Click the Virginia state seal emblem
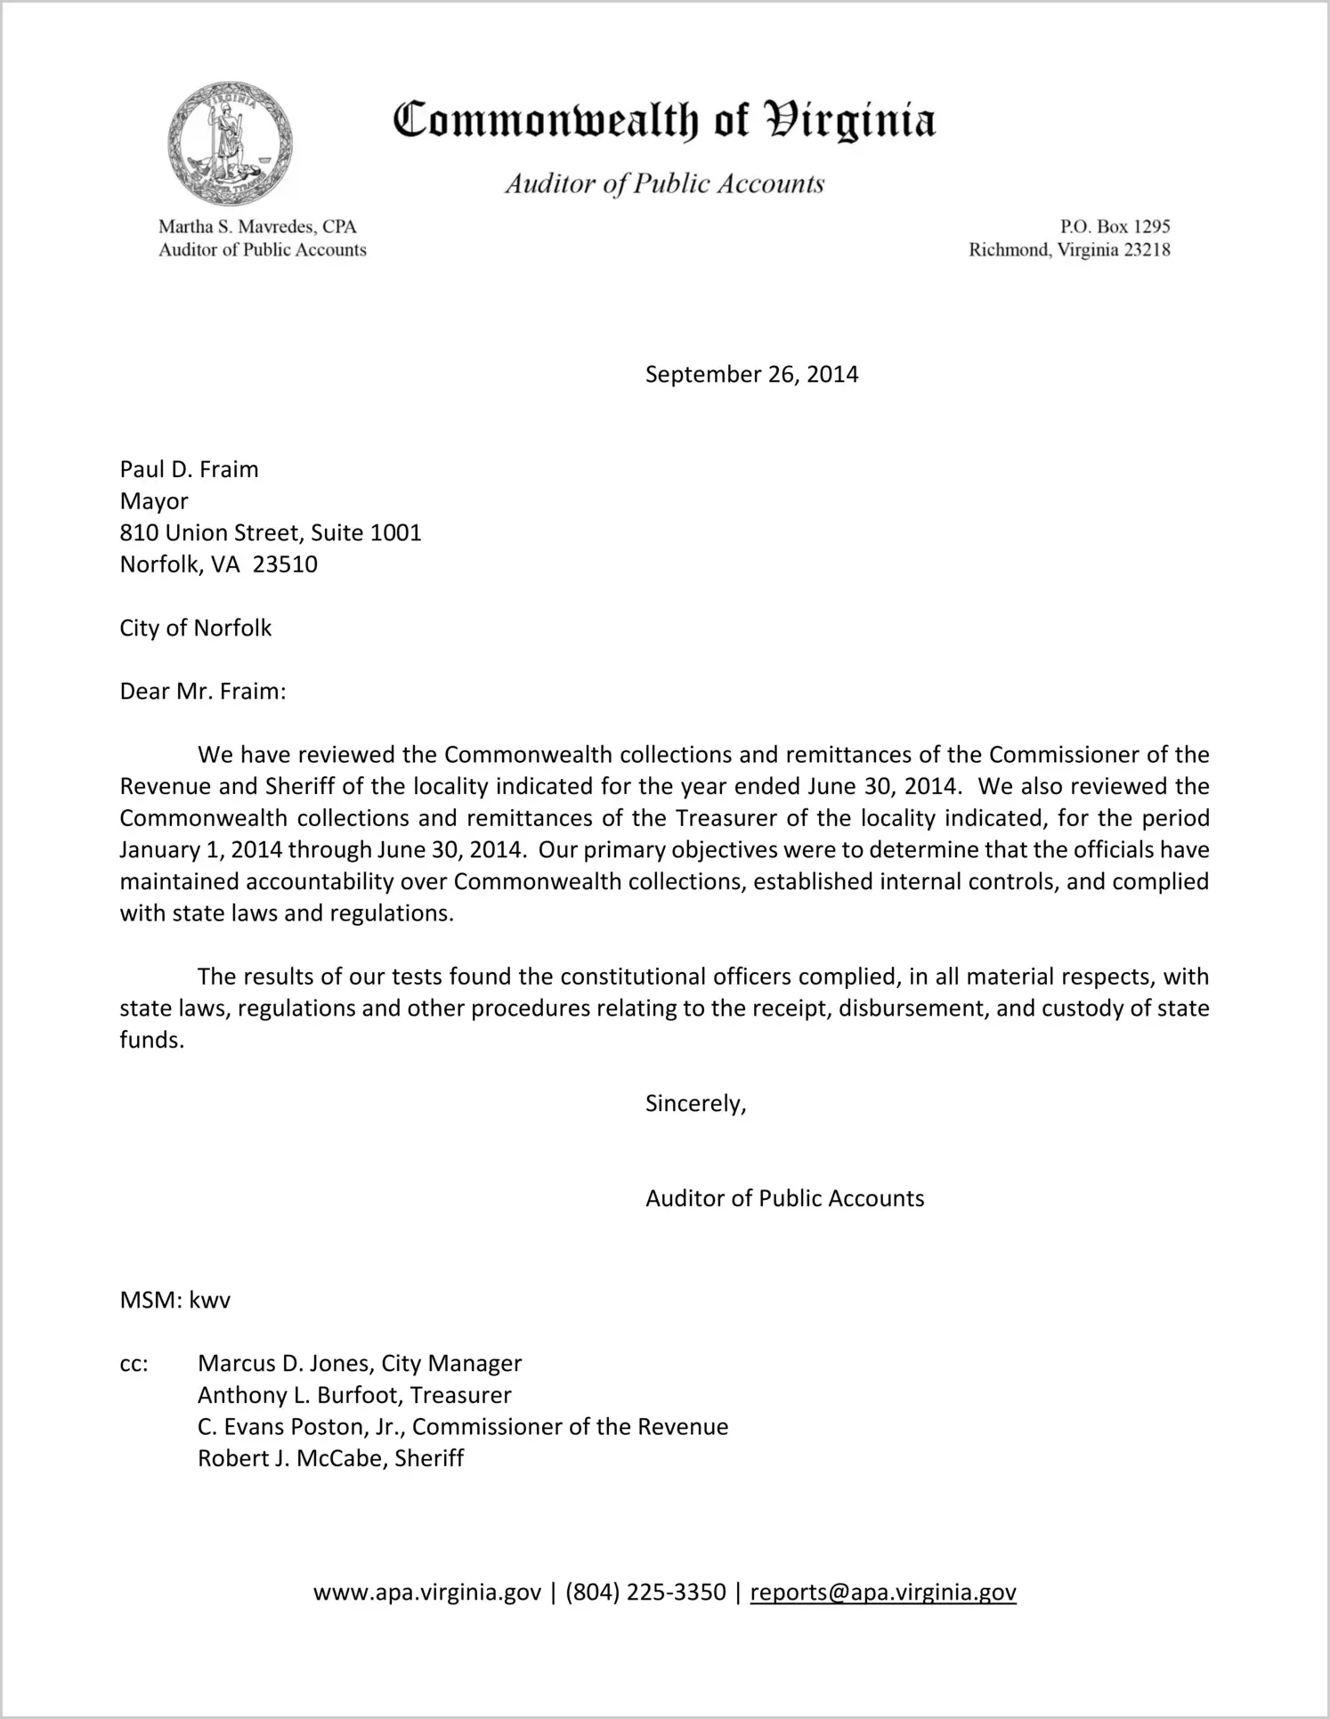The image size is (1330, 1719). [230, 143]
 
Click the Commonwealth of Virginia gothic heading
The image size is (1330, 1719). [664, 120]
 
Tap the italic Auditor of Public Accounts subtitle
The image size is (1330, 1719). [664, 183]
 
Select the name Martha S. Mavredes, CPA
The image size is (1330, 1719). [257, 227]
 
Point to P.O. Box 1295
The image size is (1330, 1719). [1115, 227]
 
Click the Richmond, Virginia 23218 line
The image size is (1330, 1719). [1069, 250]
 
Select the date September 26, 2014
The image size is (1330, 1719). [751, 374]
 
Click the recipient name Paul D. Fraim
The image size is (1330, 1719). [189, 469]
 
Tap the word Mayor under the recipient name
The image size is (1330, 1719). [154, 501]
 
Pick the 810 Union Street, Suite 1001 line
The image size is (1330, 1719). [271, 532]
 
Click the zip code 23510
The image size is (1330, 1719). [285, 564]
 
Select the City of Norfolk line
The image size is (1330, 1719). [196, 628]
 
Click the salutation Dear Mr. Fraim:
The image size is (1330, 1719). [203, 692]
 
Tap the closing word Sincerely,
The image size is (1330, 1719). [695, 1104]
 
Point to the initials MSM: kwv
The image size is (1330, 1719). [175, 1300]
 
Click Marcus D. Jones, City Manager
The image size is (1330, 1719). [360, 1364]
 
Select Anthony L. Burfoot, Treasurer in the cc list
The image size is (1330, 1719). [354, 1395]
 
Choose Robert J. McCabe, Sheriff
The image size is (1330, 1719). [330, 1458]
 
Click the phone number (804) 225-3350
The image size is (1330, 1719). [645, 1592]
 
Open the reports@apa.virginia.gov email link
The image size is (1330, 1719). [883, 1592]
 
